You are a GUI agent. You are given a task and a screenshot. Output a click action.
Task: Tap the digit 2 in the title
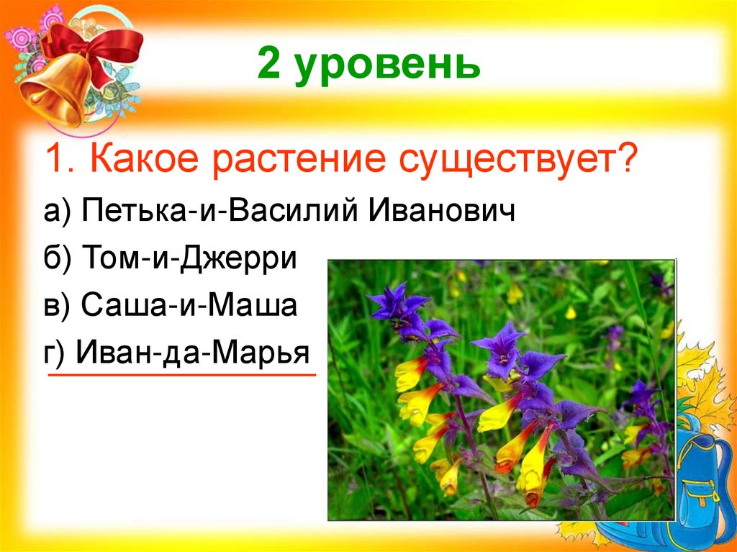[268, 65]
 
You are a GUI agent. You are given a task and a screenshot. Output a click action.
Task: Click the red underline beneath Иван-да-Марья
[181, 375]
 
